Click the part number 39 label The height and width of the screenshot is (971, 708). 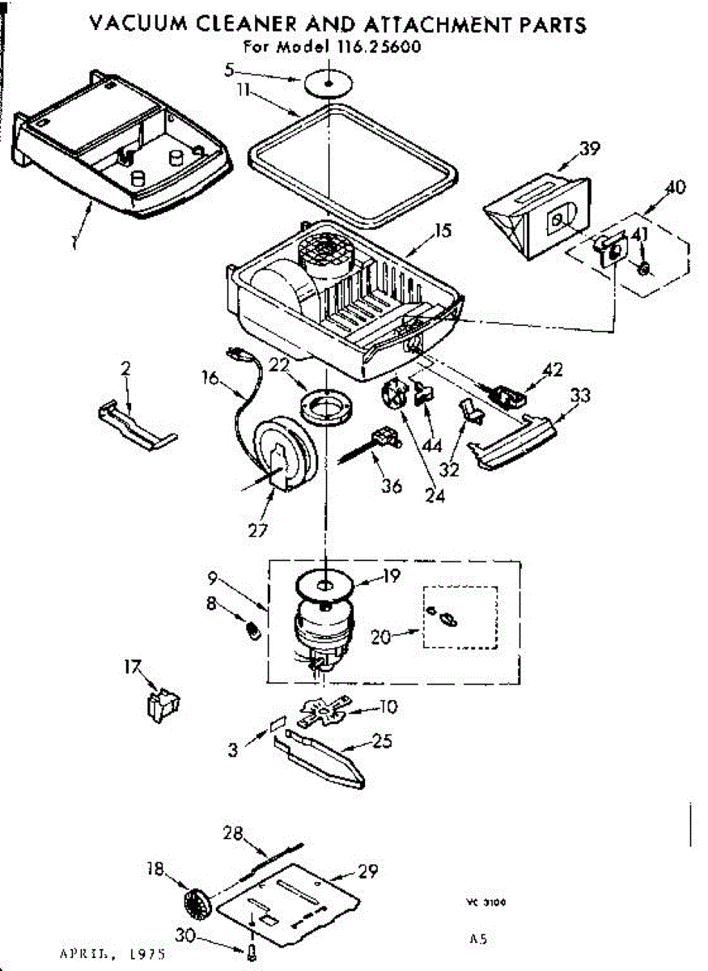(x=589, y=148)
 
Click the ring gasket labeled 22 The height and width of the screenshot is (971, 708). (x=327, y=405)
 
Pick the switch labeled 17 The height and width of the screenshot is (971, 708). (x=164, y=702)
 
